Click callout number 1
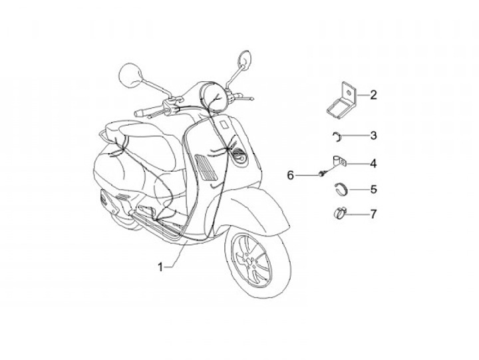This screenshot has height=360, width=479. click(x=160, y=267)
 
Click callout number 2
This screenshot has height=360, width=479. click(x=373, y=95)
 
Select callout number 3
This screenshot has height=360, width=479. click(x=373, y=136)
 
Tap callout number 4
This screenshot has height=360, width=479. click(x=373, y=162)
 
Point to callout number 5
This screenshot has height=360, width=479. click(x=373, y=189)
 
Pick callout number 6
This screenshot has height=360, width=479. click(x=291, y=175)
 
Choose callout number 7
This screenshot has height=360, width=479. click(x=373, y=214)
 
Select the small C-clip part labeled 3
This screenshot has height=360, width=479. click(x=337, y=136)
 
